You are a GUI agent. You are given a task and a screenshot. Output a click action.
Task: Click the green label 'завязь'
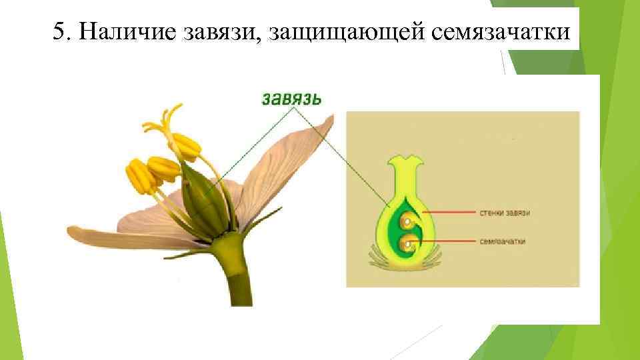(x=291, y=99)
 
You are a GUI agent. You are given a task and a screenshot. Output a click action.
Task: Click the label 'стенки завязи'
(x=505, y=213)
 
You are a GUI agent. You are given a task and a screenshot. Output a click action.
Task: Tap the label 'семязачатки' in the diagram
(x=502, y=241)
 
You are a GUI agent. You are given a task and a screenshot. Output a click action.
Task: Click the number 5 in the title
(x=59, y=31)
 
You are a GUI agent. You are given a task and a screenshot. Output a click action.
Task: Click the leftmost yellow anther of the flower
(x=138, y=175)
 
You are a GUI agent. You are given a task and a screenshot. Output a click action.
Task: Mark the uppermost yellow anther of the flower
(x=186, y=145)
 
